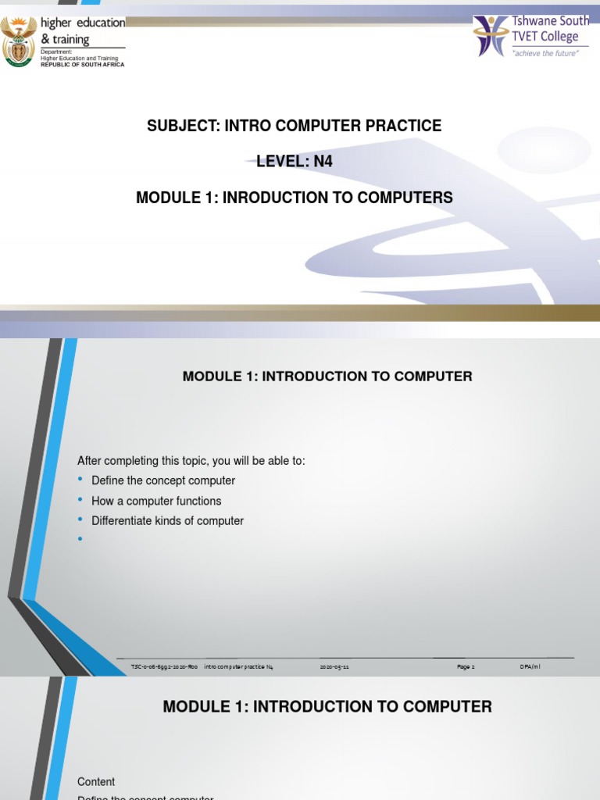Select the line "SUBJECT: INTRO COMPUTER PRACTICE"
point(295,126)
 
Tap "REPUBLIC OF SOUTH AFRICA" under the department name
point(82,64)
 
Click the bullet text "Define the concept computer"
point(163,480)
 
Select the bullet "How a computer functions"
point(156,501)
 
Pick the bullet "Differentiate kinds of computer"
point(167,520)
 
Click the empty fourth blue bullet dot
point(80,539)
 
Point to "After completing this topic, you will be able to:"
point(191,461)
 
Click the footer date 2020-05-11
point(334,666)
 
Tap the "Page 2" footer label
point(466,666)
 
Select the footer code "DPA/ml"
point(530,666)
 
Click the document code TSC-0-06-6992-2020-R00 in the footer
point(164,666)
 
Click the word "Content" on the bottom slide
point(96,781)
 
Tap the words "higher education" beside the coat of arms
point(87,23)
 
